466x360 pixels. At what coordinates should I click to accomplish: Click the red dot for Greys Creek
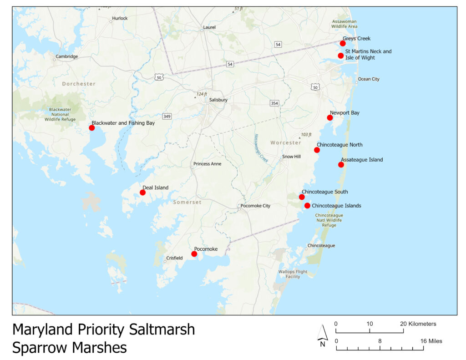[343, 43]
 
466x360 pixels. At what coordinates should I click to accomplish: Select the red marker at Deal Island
[142, 193]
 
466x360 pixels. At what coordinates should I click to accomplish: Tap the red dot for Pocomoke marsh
[194, 254]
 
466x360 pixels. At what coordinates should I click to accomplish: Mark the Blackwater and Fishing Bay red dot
[91, 128]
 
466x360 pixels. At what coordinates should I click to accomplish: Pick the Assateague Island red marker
[341, 165]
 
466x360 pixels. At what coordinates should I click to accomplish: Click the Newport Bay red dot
[330, 118]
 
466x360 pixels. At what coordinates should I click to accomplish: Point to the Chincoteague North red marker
[317, 150]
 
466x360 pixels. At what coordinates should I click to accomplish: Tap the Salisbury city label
[218, 100]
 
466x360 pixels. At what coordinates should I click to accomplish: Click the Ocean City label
[368, 79]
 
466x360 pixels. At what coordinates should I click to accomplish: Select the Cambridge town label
[66, 57]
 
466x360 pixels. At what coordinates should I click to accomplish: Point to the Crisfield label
[174, 258]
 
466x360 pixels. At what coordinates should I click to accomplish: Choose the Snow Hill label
[291, 157]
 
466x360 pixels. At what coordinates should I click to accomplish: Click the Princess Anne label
[207, 164]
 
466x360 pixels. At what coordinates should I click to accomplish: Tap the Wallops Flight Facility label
[293, 274]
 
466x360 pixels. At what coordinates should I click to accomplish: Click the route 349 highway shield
[167, 117]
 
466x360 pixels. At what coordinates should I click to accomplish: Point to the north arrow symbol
[322, 335]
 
